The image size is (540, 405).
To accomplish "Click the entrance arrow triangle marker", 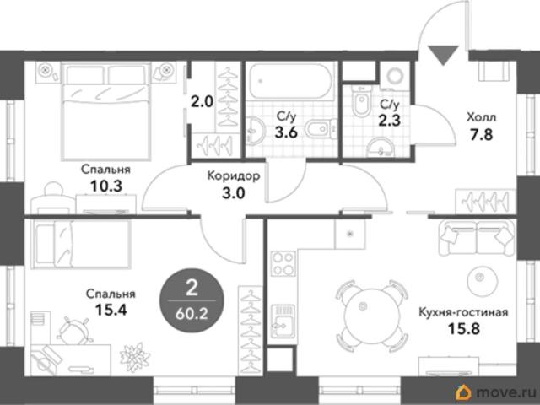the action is click(x=444, y=54).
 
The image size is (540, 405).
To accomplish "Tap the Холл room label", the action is click(x=482, y=118).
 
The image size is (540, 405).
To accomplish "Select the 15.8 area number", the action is click(x=463, y=328).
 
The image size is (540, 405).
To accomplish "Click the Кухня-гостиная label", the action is click(x=463, y=312).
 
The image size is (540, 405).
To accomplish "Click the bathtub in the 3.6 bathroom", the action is click(x=291, y=81).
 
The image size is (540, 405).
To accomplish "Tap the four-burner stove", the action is click(x=283, y=263).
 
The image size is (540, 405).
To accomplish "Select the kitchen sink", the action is click(x=283, y=321).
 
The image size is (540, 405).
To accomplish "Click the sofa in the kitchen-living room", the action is click(x=477, y=238).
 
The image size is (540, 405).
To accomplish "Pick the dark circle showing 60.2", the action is click(x=192, y=301).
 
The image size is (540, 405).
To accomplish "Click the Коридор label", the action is click(x=234, y=176).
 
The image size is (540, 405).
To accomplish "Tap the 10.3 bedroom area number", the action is click(x=106, y=186).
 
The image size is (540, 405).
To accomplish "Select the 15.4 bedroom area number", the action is click(x=111, y=310).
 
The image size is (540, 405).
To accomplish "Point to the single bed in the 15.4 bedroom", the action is click(x=81, y=244).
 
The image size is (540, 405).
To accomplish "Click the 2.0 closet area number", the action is click(x=202, y=102).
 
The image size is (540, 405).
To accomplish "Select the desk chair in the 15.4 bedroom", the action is click(x=75, y=331).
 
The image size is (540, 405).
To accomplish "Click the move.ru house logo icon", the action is click(x=464, y=392).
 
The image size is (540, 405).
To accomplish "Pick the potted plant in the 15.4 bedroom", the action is click(x=135, y=357).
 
